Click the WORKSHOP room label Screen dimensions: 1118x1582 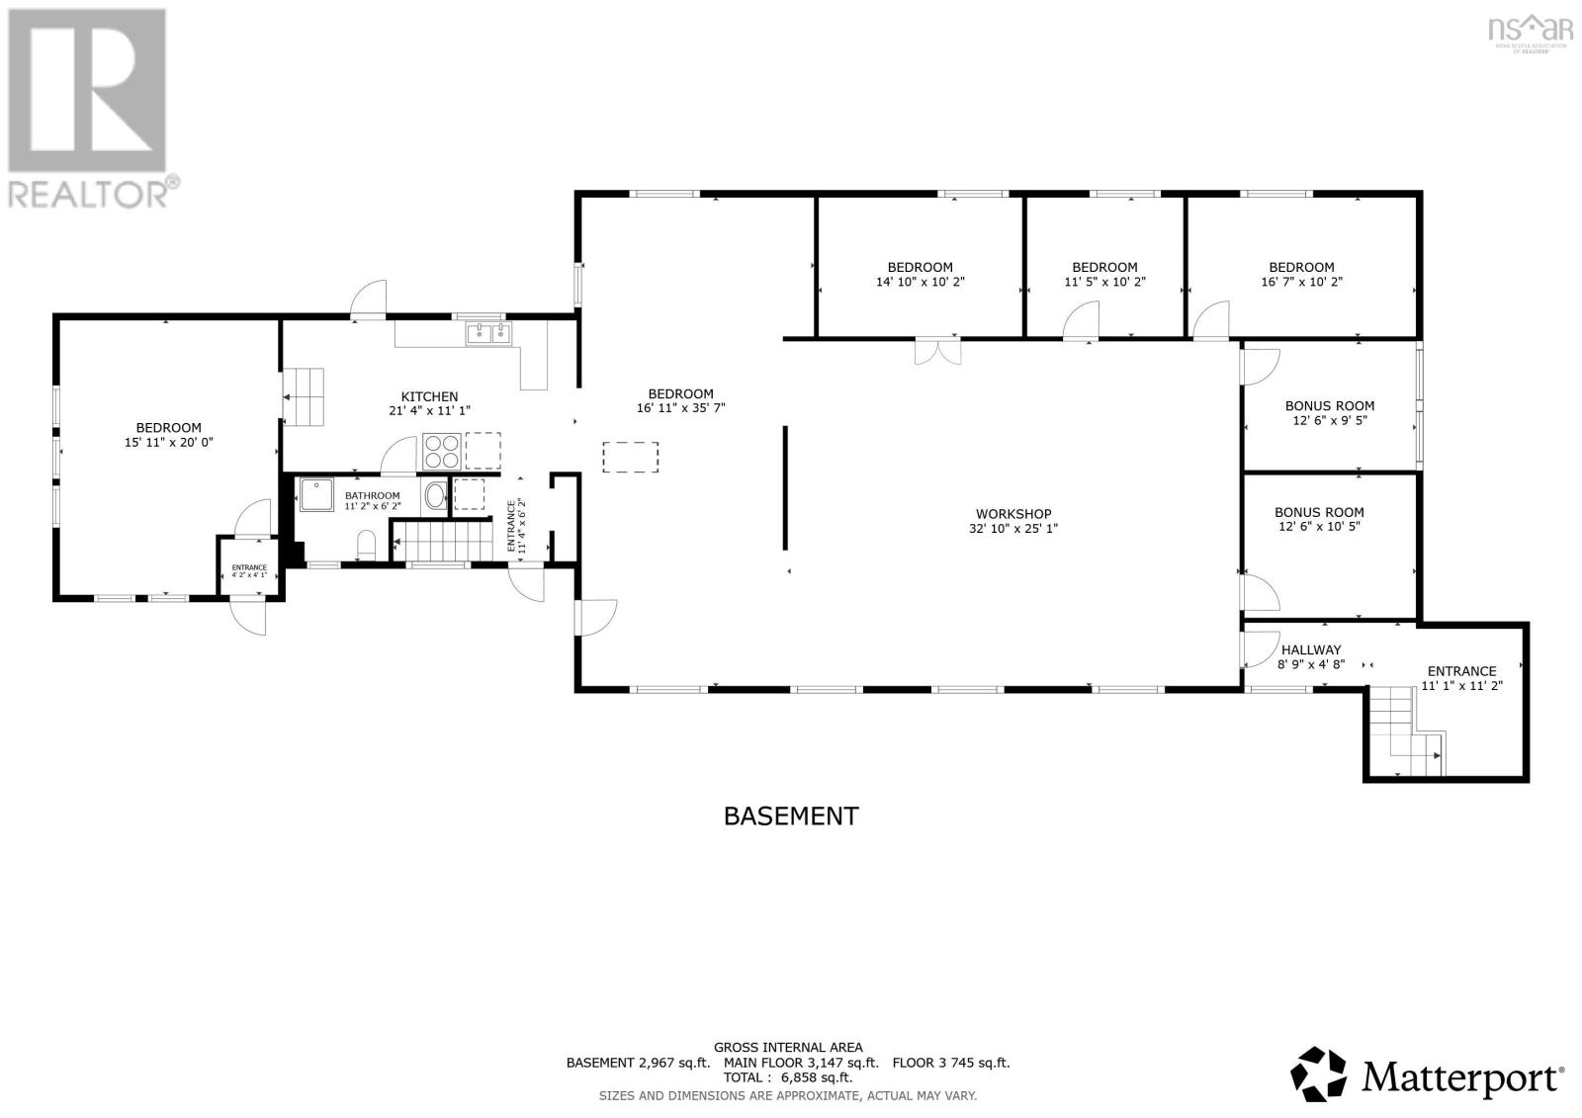1013,513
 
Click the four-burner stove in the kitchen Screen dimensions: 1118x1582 441,451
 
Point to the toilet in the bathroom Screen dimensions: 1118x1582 366,544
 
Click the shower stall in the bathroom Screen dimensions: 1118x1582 318,495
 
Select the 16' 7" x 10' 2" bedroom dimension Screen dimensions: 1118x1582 1301,282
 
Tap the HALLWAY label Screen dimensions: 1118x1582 1311,649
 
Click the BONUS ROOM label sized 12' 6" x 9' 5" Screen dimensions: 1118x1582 1329,405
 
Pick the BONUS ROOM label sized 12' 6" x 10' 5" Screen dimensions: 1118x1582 1319,512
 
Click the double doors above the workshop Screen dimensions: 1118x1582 936,352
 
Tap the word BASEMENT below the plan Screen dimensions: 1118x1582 791,816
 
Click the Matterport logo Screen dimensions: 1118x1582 1428,1074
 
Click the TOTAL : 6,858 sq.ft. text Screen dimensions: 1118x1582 787,1078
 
